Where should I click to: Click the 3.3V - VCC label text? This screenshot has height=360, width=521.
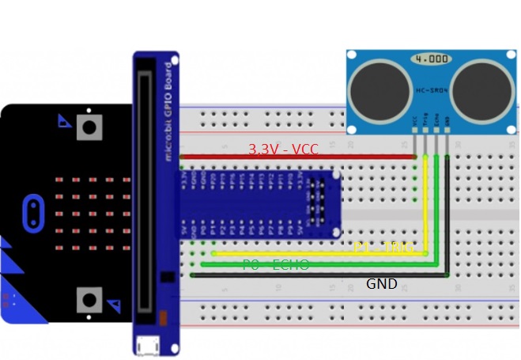[x=282, y=149]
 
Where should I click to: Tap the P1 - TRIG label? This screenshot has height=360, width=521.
[x=383, y=248]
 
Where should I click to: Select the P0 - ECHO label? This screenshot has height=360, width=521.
[x=276, y=265]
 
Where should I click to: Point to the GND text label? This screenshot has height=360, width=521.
[x=381, y=283]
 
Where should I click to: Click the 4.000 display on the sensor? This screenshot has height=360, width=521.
[x=431, y=59]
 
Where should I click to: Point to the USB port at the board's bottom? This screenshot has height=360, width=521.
[x=146, y=346]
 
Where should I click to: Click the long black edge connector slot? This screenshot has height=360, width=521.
[x=145, y=190]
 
